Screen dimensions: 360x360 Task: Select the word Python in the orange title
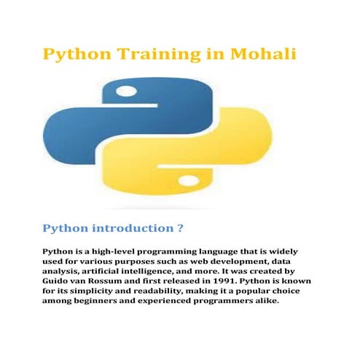pyautogui.click(x=77, y=55)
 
